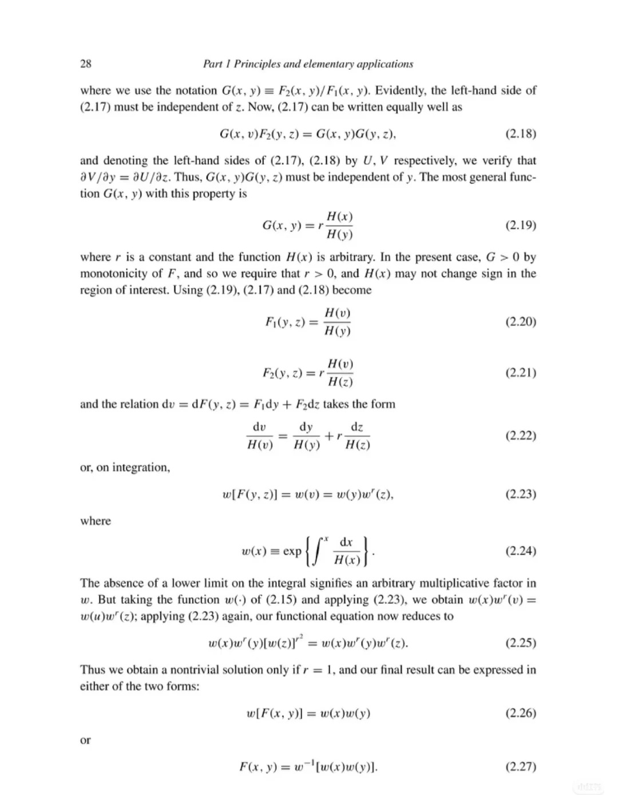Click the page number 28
85,64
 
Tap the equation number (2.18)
521,134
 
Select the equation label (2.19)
521,225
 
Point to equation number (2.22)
521,436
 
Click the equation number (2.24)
521,551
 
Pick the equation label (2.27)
521,766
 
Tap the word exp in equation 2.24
292,551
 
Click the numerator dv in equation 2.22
259,428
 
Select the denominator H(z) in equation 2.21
340,382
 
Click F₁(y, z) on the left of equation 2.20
284,322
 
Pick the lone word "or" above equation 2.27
85,740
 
